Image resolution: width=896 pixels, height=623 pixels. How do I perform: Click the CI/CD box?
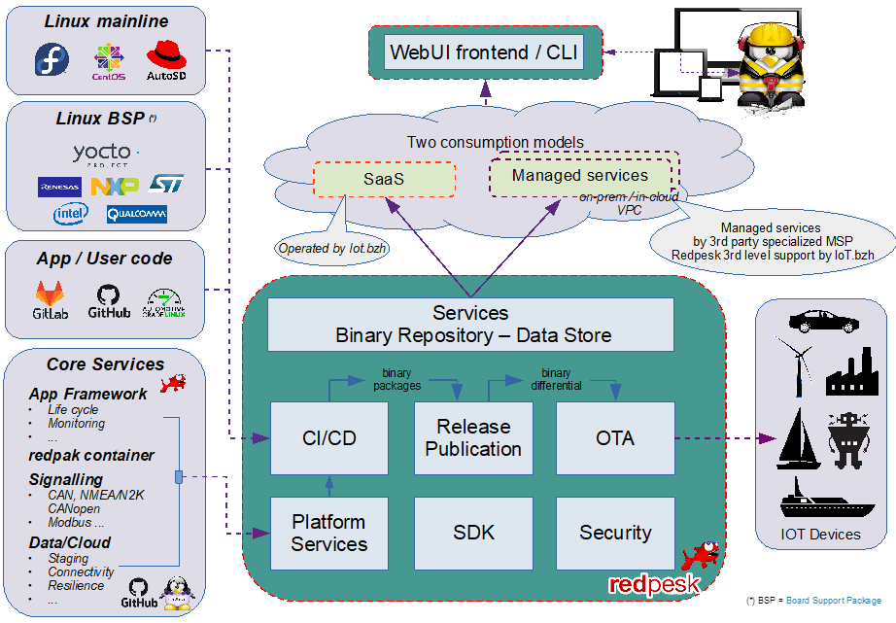(x=328, y=438)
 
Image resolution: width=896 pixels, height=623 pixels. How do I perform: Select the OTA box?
(x=615, y=438)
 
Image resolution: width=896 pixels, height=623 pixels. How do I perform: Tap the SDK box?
(x=473, y=533)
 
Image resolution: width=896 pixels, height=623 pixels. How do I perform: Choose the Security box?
(x=615, y=533)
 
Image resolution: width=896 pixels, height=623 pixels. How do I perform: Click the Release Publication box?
(x=473, y=438)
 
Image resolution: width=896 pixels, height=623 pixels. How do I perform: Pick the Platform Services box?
(x=328, y=533)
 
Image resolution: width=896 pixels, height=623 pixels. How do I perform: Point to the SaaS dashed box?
(x=384, y=180)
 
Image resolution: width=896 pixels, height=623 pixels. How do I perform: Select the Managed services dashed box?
(x=580, y=176)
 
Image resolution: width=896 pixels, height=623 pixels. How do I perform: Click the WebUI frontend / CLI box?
(x=485, y=52)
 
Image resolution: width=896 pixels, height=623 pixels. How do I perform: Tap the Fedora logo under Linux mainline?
(x=52, y=60)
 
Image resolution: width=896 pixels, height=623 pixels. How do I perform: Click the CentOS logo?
(x=109, y=60)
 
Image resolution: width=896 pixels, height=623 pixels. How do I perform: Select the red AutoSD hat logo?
(x=165, y=58)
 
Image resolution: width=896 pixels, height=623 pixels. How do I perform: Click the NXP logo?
(x=115, y=185)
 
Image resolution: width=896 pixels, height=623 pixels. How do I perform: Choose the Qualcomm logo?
(x=136, y=213)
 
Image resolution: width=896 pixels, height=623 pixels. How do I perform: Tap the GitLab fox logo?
(x=52, y=298)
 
